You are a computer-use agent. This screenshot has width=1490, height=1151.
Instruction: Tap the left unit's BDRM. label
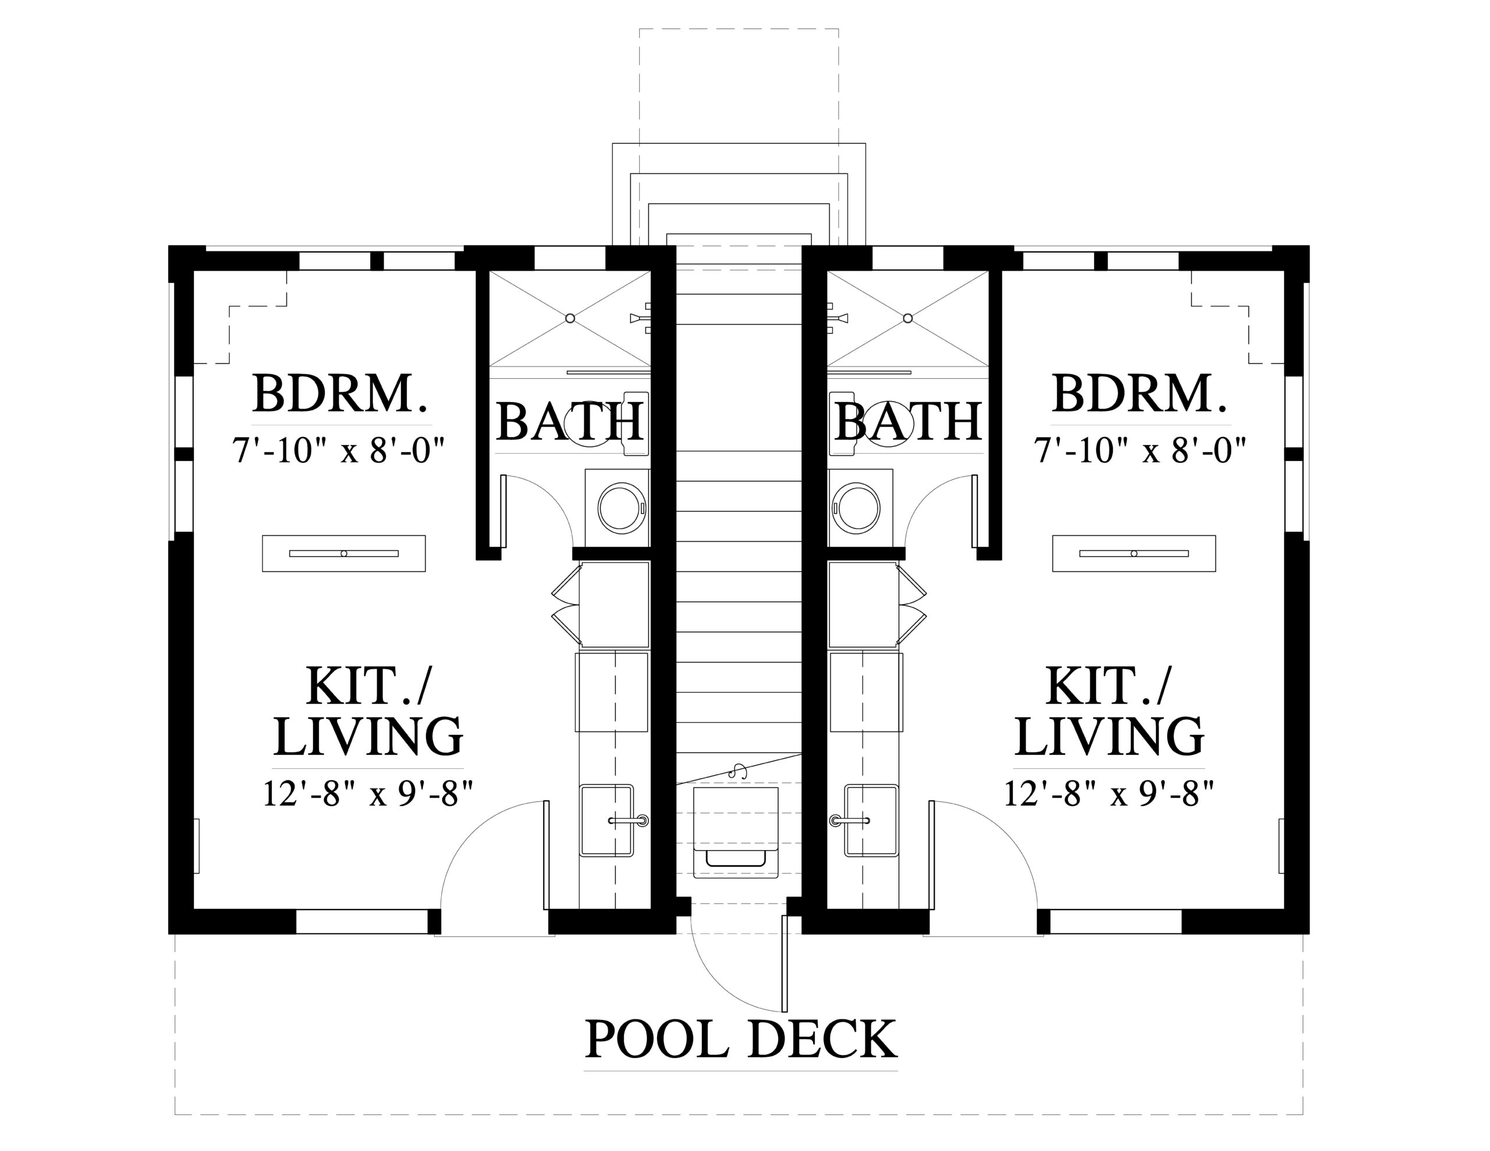(340, 394)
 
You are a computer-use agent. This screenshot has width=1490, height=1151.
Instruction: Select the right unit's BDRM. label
(1140, 394)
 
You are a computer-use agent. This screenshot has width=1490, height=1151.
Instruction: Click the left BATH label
(570, 422)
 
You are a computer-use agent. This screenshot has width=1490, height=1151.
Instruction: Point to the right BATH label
(908, 422)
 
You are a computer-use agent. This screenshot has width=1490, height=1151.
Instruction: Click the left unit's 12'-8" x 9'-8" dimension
(368, 794)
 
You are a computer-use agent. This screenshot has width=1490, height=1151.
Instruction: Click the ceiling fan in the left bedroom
(344, 553)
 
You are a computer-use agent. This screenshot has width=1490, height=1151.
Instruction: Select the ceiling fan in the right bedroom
(1134, 553)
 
